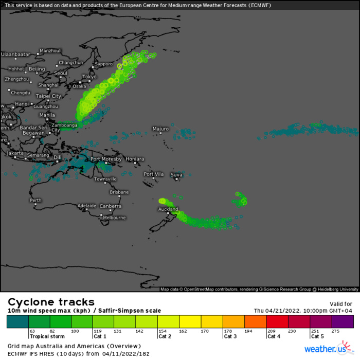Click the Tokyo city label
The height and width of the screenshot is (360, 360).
pyautogui.click(x=89, y=77)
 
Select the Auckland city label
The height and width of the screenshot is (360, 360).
pyautogui.click(x=168, y=209)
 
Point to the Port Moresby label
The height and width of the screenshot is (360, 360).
pyautogui.click(x=106, y=159)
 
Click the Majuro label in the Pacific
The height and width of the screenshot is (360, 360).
pyautogui.click(x=160, y=129)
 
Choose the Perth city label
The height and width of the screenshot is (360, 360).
pyautogui.click(x=35, y=200)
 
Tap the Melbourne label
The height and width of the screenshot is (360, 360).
pyautogui.click(x=114, y=218)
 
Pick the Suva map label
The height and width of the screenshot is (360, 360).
pyautogui.click(x=176, y=175)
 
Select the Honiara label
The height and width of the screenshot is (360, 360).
pyautogui.click(x=135, y=159)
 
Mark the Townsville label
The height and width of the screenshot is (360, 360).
pyautogui.click(x=105, y=179)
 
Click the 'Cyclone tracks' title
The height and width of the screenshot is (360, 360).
pyautogui.click(x=51, y=302)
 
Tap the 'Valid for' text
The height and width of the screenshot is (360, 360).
pyautogui.click(x=341, y=304)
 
